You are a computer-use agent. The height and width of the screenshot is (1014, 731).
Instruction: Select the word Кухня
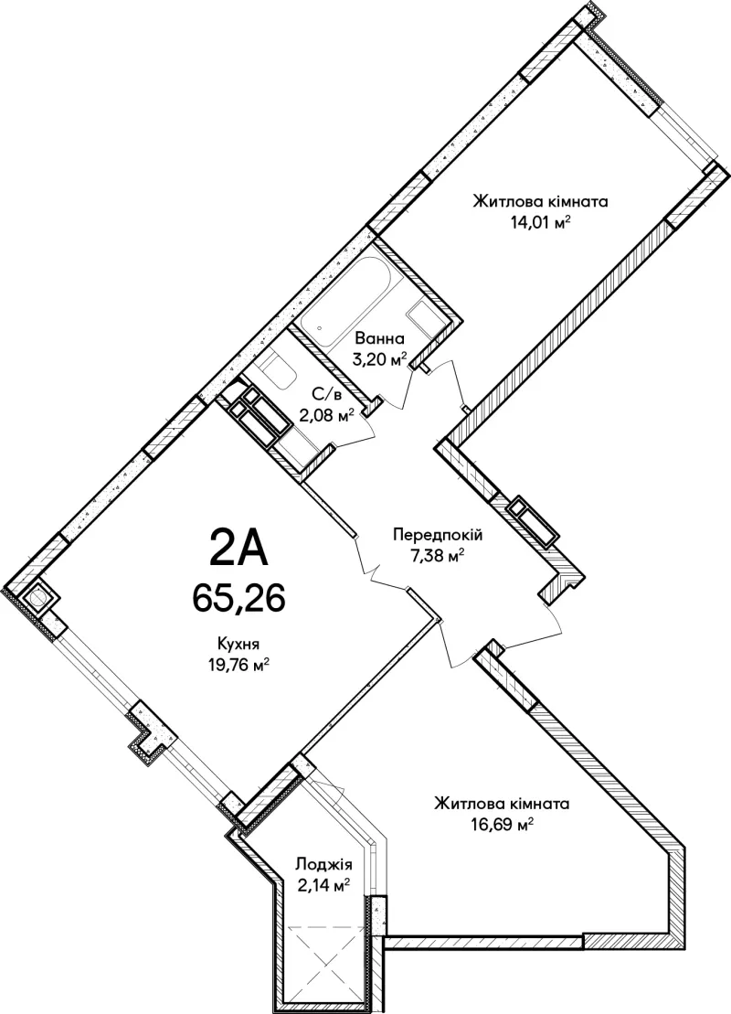238,644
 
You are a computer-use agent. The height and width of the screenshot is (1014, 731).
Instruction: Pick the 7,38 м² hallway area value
438,555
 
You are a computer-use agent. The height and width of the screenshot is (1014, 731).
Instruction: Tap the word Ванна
380,337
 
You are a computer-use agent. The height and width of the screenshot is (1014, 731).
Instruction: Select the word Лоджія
323,864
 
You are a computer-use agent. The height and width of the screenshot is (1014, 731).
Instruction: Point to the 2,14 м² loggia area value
323,884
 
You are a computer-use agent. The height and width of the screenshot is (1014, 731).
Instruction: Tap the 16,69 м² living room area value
502,825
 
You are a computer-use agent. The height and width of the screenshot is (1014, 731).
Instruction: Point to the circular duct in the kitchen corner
37,598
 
